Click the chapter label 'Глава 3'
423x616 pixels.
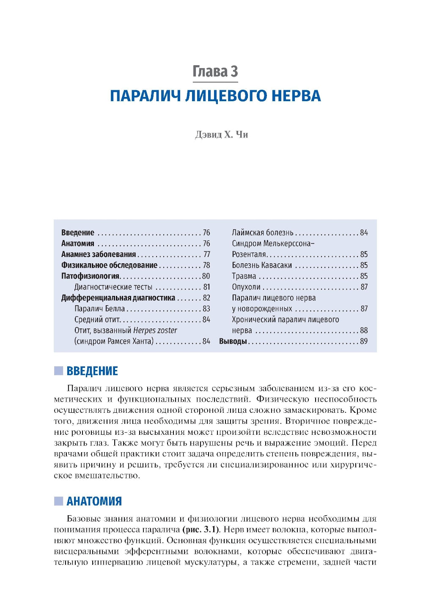tap(215, 72)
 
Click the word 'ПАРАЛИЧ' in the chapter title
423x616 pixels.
tap(146, 96)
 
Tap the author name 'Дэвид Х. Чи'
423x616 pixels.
tap(221, 135)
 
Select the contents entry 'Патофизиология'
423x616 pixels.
tap(90, 276)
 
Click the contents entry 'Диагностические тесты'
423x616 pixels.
tap(113, 287)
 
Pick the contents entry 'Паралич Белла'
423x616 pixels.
tap(99, 309)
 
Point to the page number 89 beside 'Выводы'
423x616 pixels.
tap(364, 341)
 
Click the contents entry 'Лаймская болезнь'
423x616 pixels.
tap(262, 232)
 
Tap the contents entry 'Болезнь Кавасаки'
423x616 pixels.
tap(261, 265)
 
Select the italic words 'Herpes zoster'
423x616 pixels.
tap(155, 330)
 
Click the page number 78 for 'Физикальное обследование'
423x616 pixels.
tap(206, 265)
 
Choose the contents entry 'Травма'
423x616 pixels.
tap(244, 276)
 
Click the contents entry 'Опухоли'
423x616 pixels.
tap(246, 287)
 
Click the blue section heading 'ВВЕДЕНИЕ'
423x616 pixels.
tap(92, 371)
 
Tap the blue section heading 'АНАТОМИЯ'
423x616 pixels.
tap(94, 502)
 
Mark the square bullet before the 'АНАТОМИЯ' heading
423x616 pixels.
tap(58, 502)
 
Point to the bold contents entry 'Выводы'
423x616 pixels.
tap(233, 341)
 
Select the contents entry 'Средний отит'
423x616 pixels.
tap(97, 320)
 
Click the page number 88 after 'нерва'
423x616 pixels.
tap(364, 330)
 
